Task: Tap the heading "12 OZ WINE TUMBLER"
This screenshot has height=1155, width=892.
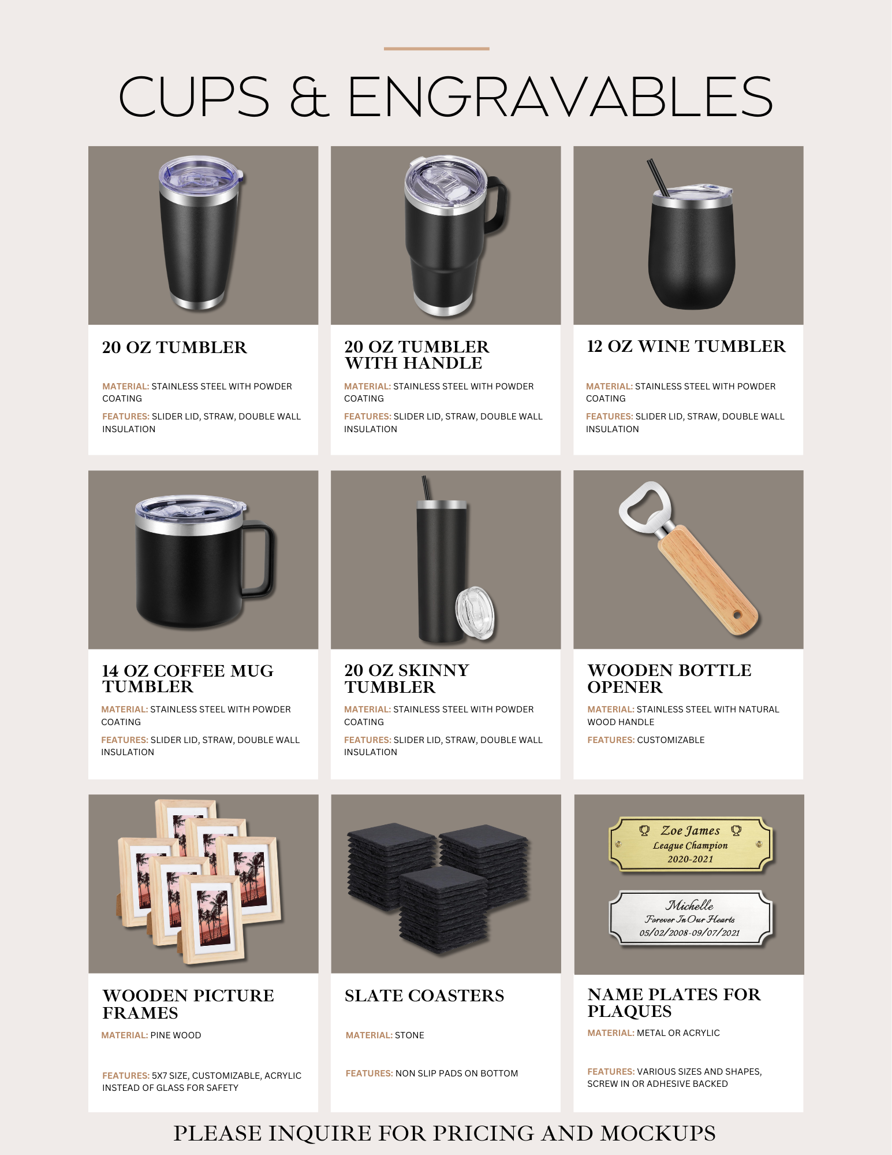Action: click(686, 346)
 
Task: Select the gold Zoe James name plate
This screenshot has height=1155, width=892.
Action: click(691, 844)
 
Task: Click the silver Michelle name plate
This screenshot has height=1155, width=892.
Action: click(691, 918)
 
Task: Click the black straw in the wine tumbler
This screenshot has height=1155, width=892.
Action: click(658, 177)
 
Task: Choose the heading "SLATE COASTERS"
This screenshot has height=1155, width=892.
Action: click(424, 996)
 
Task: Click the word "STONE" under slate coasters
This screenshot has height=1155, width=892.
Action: click(409, 1035)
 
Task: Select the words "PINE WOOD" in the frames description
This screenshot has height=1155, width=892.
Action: click(176, 1035)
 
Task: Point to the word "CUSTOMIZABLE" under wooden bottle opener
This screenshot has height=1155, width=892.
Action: click(671, 740)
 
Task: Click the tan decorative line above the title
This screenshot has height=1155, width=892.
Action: click(436, 49)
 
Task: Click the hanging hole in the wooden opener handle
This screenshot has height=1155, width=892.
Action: click(737, 613)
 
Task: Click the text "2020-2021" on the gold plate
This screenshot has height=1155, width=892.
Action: click(691, 859)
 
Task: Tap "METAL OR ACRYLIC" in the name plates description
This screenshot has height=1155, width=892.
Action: click(678, 1033)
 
